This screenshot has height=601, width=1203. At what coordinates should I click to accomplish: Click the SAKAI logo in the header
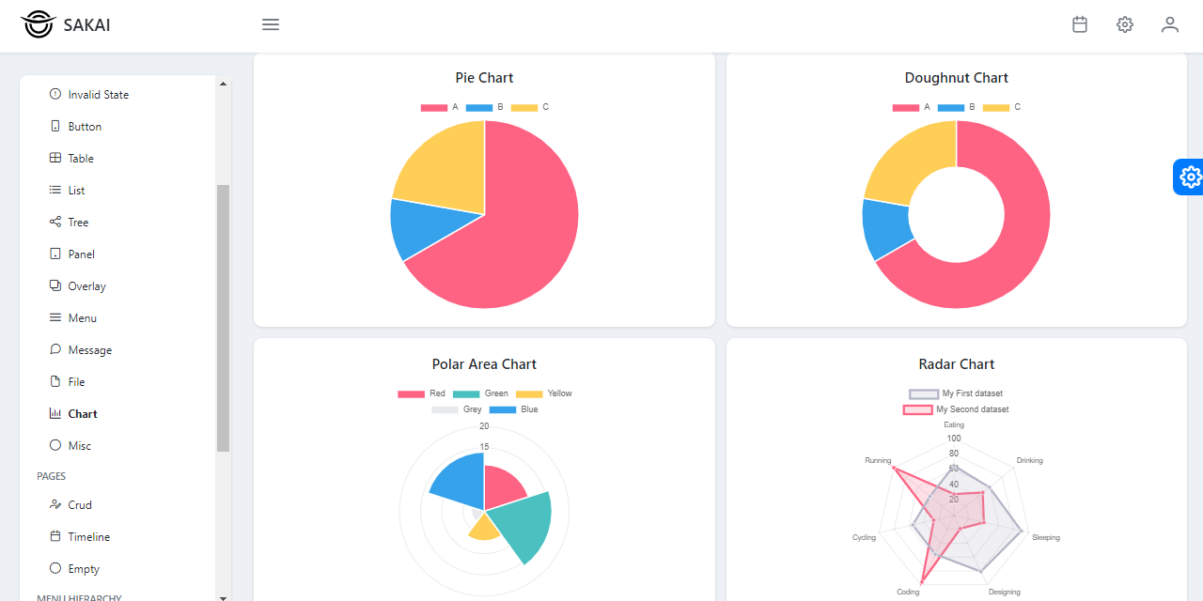pos(65,25)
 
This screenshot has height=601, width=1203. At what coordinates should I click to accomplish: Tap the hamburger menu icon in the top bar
pos(271,25)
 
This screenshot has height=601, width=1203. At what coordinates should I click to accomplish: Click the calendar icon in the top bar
pos(1080,25)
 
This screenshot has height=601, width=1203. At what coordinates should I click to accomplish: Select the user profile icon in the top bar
pos(1169,25)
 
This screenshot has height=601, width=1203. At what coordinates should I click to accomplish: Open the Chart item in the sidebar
pos(82,414)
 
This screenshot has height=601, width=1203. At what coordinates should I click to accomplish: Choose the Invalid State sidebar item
pos(98,95)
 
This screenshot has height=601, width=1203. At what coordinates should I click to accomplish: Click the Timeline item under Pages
pos(88,537)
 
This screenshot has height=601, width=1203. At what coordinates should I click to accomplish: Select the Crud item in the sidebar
pos(79,505)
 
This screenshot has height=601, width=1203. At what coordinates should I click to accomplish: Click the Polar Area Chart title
pos(484,364)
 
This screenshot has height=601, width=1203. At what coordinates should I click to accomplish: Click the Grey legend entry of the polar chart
pos(457,409)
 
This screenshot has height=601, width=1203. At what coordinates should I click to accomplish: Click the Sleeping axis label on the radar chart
pos(1045,538)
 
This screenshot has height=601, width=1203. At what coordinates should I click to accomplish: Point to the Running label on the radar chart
pos(878,461)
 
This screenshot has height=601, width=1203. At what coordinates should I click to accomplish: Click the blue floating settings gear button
pos(1190,177)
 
